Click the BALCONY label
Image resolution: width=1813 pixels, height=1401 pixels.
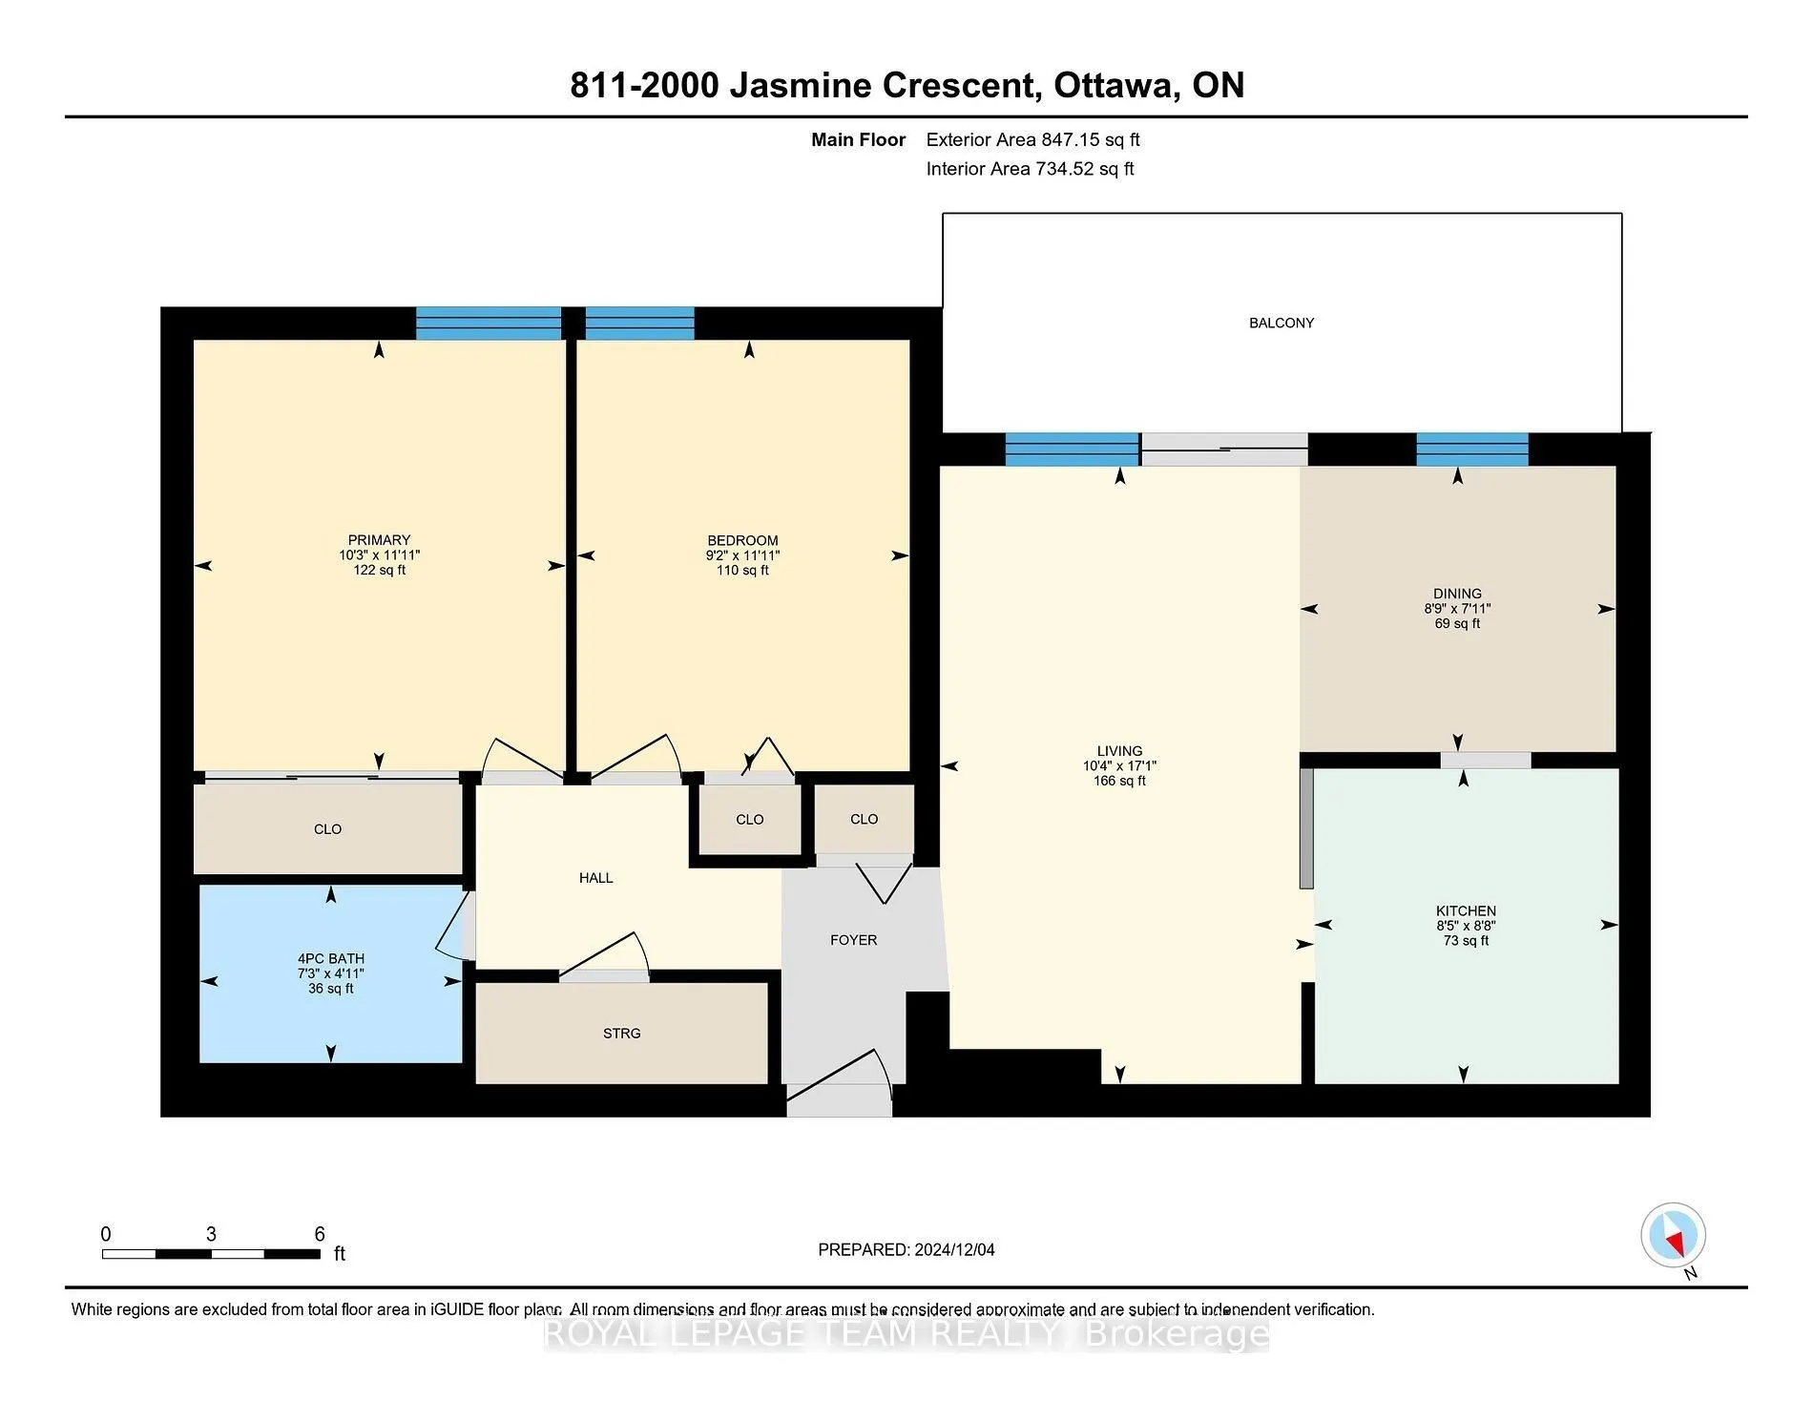click(1282, 324)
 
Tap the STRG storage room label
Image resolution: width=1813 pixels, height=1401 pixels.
click(621, 1034)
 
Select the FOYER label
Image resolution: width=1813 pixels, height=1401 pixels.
click(853, 940)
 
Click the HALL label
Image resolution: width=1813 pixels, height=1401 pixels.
click(595, 878)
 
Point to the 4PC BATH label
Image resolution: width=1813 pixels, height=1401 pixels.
click(330, 959)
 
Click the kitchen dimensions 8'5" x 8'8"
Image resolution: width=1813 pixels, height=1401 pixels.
click(1466, 926)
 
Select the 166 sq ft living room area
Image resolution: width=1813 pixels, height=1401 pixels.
click(1119, 781)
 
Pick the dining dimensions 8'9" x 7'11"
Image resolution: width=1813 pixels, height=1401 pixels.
click(1457, 609)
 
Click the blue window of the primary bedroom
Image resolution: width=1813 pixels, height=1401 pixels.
click(489, 324)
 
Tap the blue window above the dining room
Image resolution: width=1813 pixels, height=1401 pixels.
click(1472, 450)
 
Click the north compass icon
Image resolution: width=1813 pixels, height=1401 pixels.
click(1673, 1236)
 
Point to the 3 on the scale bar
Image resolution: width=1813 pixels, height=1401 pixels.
click(211, 1234)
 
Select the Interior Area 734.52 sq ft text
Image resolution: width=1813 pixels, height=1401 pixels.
click(1030, 169)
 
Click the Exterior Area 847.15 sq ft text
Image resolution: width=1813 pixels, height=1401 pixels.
click(1032, 140)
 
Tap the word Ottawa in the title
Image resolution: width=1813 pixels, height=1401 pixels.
click(1112, 86)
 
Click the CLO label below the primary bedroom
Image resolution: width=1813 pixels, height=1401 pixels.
click(327, 829)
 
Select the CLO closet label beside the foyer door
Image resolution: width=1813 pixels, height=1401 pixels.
click(864, 819)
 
